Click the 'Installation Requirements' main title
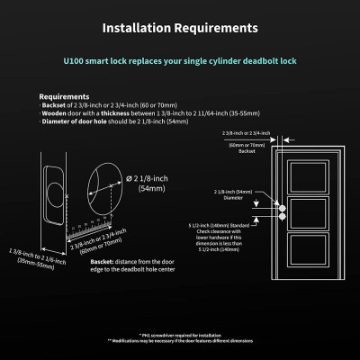[179, 28]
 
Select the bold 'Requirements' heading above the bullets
[64, 95]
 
